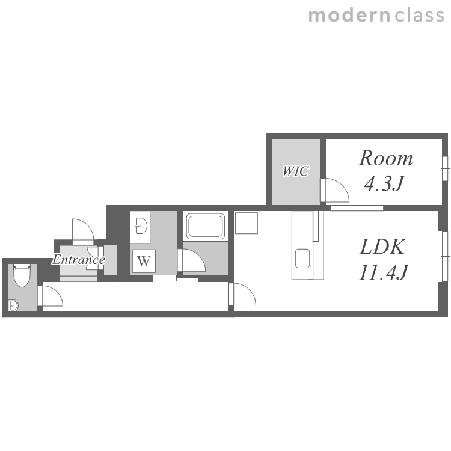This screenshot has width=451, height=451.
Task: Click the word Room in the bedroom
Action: pos(385,158)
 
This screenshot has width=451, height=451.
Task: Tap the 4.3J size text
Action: pos(384,183)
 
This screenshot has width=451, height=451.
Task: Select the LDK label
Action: pos(382,247)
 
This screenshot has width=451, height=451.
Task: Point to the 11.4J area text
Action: pos(383,272)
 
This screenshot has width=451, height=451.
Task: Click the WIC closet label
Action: pos(296,171)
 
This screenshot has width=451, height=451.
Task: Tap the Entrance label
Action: pos(79,260)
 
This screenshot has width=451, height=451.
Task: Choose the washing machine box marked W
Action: pos(144,261)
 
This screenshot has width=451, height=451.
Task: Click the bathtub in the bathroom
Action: pos(206,226)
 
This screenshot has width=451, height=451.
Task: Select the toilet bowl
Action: pos(22,276)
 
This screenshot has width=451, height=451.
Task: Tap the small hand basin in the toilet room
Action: pos(13,305)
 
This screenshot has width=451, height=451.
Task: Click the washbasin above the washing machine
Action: pos(141,226)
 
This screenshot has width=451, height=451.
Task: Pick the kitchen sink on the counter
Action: pos(302,259)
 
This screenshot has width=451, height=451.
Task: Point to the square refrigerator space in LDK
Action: pos(246,223)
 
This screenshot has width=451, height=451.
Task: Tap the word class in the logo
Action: pos(419,15)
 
